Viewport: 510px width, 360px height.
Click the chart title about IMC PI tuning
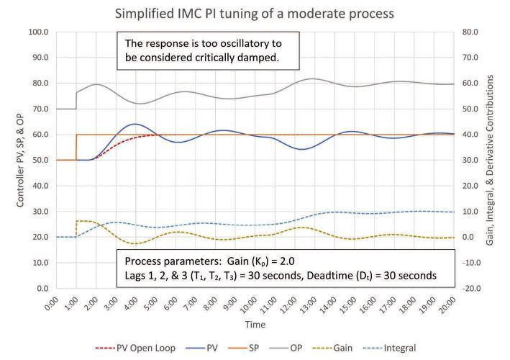click(x=255, y=14)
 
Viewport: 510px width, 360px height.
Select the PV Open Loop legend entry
click(x=135, y=348)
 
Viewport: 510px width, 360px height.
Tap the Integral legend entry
click(x=389, y=348)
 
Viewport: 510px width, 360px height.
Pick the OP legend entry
click(x=286, y=348)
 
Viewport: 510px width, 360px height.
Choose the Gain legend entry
click(x=332, y=348)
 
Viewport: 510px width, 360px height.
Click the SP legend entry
click(x=244, y=348)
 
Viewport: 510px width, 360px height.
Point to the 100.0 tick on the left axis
click(x=38, y=32)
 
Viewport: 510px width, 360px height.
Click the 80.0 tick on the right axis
click(x=470, y=32)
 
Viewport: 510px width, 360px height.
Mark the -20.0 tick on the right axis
click(x=470, y=289)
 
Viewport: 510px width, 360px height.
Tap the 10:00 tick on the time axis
click(x=250, y=305)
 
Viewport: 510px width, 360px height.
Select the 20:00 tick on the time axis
click(x=448, y=305)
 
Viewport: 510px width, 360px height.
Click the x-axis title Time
click(x=255, y=325)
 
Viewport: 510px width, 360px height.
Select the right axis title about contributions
click(x=490, y=160)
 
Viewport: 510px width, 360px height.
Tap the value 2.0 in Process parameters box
click(x=287, y=261)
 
